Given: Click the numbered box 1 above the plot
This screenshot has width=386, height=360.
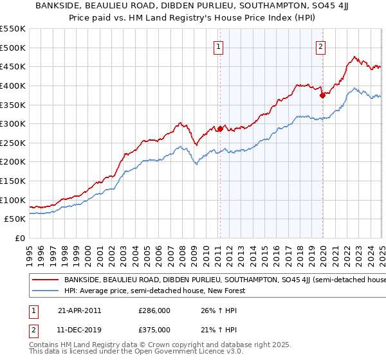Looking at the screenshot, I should [x=219, y=46].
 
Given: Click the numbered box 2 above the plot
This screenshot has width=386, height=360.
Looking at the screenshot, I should [x=320, y=46].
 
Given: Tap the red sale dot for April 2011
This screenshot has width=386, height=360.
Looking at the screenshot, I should [x=220, y=129].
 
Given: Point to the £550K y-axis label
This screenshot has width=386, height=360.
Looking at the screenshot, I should [x=13, y=29].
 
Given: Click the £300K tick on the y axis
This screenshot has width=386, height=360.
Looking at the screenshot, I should [x=13, y=123].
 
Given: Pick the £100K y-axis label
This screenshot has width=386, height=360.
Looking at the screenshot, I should [x=13, y=200].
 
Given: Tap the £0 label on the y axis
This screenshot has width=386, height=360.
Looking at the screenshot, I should [x=21, y=238].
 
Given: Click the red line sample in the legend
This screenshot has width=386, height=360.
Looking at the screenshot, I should [x=44, y=280].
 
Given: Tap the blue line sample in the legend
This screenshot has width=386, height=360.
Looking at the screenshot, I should [x=44, y=291].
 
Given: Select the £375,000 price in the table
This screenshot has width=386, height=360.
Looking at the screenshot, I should [x=154, y=329].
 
